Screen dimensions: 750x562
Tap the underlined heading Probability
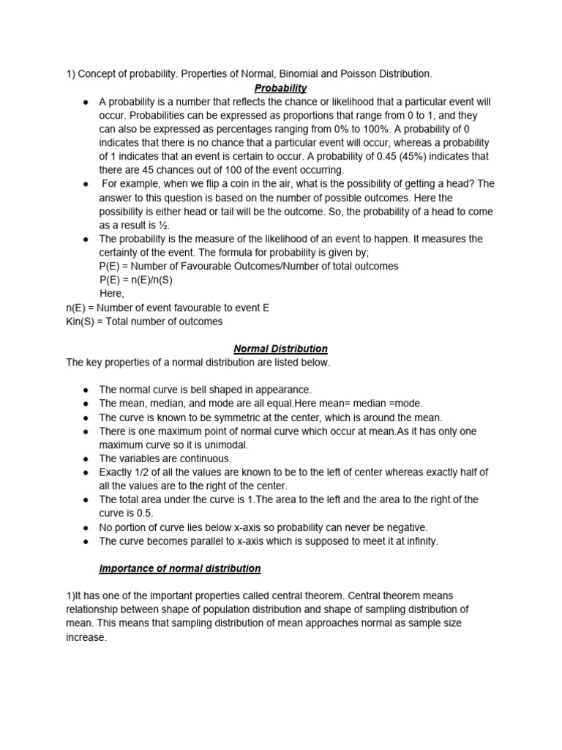click(x=281, y=88)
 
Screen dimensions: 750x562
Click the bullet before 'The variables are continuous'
click(x=86, y=458)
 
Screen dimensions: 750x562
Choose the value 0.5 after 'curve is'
click(x=143, y=513)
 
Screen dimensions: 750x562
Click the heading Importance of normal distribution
click(x=180, y=568)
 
